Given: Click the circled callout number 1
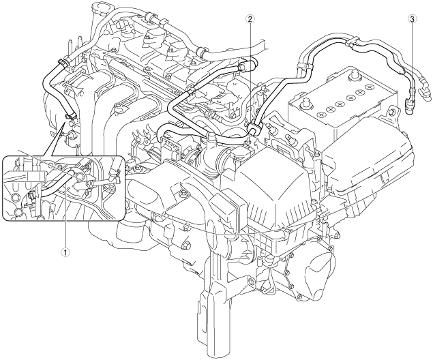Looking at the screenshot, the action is pos(65,251).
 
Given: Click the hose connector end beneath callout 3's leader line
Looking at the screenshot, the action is pos(411,104).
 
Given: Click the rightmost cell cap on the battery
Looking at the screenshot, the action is pos(370,87).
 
